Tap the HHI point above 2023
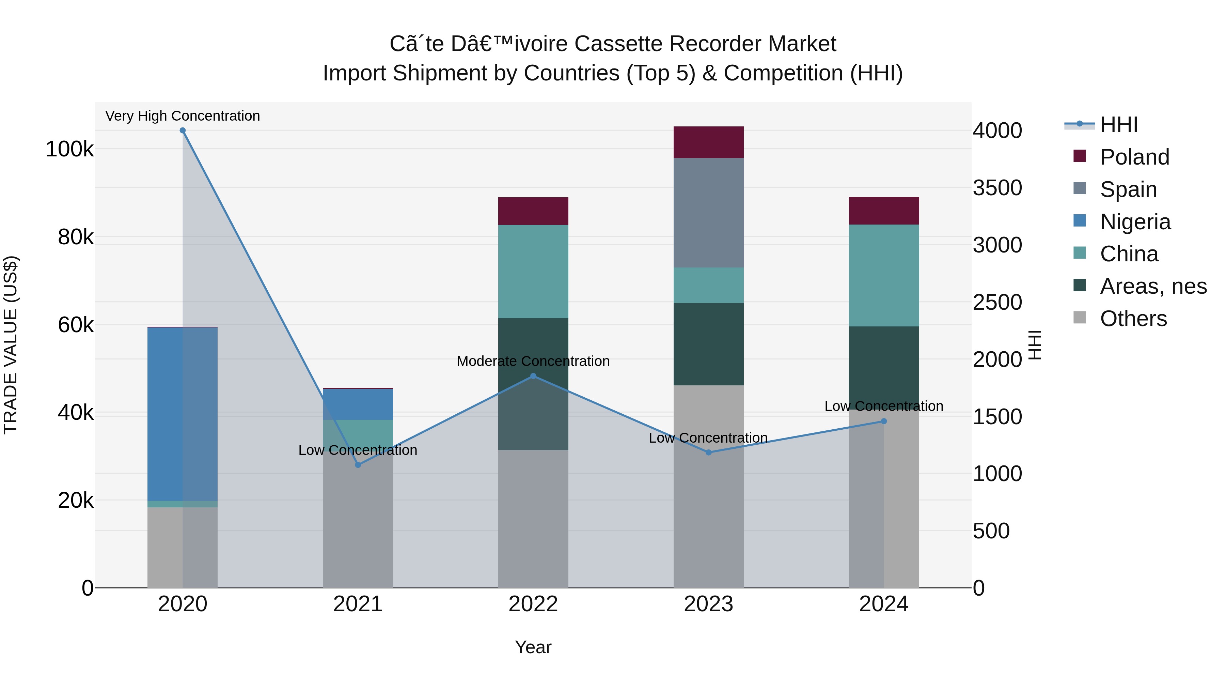[708, 453]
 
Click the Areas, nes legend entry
[1153, 286]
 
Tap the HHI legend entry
[1118, 125]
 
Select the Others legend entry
[1133, 319]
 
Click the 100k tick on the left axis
[69, 149]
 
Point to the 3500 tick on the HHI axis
[997, 188]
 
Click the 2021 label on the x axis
[358, 604]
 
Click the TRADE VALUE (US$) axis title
[11, 345]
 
